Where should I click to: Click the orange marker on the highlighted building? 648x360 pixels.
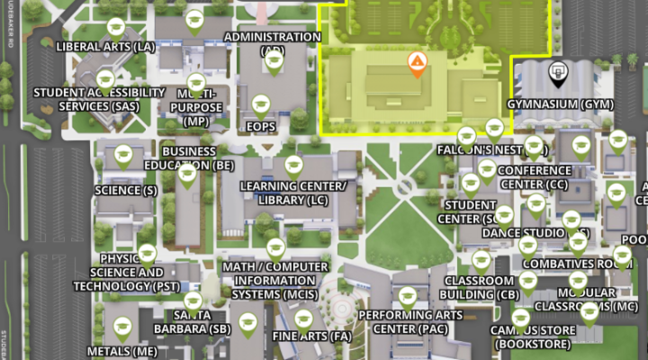(x=416, y=63)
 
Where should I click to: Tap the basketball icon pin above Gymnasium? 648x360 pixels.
(x=559, y=73)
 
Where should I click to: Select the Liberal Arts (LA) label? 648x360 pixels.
(x=105, y=46)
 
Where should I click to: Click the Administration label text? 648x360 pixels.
(x=272, y=38)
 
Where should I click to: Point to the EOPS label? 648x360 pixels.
(x=261, y=127)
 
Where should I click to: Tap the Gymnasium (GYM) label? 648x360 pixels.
(x=560, y=104)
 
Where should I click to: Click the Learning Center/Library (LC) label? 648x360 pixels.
(x=293, y=193)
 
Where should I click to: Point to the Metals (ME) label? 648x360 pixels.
(x=121, y=350)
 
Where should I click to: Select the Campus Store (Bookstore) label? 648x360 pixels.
(x=530, y=337)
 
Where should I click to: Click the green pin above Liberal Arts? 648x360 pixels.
(x=115, y=27)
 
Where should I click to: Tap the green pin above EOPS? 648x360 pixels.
(x=261, y=103)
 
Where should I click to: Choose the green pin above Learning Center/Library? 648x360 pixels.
(x=293, y=165)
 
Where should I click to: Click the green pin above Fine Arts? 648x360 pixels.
(x=303, y=319)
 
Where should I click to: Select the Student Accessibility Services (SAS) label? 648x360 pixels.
(x=99, y=99)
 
